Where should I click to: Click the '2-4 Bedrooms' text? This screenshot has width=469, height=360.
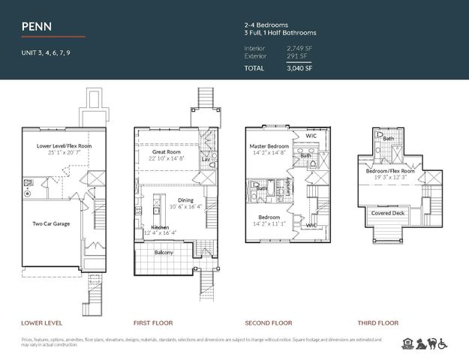point(266,24)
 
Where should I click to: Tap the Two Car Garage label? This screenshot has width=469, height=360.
point(50,223)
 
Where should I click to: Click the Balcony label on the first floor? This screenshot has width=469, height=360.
point(163,252)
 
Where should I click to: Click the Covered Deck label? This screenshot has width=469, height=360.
point(389,213)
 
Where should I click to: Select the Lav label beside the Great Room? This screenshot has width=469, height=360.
point(205,159)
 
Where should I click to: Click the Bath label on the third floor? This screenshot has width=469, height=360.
point(388,139)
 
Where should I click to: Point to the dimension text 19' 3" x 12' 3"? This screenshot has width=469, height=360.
point(389,177)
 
